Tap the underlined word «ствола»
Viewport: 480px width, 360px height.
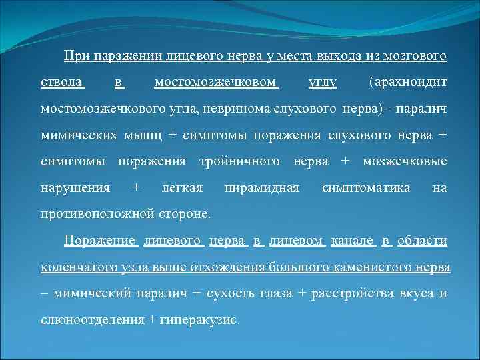[61, 83]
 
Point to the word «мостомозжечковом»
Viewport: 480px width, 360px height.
[215, 83]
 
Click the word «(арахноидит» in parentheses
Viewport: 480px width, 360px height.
[407, 83]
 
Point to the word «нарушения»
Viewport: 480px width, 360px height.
[75, 188]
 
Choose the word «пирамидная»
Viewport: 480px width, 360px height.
[262, 188]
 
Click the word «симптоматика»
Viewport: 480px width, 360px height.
[366, 188]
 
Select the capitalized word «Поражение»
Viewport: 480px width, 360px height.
[100, 240]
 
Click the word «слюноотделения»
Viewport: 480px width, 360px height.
[92, 319]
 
